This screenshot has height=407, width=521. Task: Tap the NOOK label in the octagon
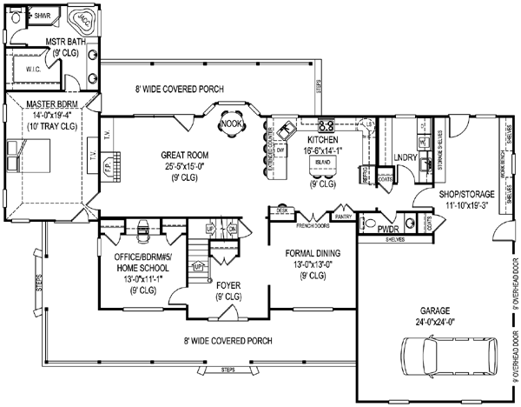pos(231,123)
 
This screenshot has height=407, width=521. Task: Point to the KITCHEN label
pos(322,138)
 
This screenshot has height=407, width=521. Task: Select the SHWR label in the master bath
pos(42,17)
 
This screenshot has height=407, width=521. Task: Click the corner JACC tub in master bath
pos(83,17)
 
